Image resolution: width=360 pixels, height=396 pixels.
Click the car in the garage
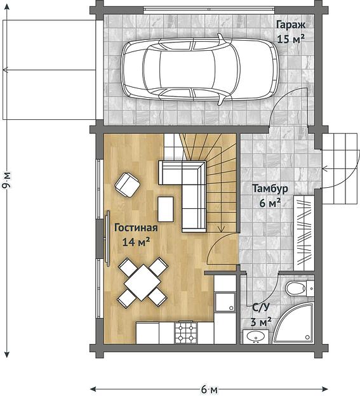click(199, 69)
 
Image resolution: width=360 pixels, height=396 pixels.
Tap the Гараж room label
click(291, 25)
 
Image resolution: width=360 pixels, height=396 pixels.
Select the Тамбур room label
click(270, 188)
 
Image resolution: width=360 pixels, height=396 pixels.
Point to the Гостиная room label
click(136, 228)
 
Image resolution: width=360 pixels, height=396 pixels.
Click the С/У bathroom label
click(261, 307)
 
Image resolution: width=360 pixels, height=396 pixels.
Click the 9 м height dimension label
click(7, 180)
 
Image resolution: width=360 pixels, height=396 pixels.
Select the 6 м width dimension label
click(209, 390)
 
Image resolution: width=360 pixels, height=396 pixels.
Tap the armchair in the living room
click(128, 185)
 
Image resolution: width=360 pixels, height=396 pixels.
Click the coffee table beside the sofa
click(166, 209)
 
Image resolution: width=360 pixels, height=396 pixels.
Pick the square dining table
click(143, 282)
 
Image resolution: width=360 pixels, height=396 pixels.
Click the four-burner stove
click(186, 333)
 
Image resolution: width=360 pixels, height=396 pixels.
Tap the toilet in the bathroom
click(300, 288)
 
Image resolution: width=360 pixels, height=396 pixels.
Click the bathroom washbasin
click(256, 336)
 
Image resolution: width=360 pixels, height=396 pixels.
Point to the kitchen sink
click(225, 302)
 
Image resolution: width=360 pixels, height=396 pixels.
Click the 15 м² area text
click(291, 39)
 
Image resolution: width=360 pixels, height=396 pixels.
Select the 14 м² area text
click(136, 242)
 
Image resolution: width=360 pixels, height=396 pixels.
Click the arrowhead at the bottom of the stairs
click(221, 229)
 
